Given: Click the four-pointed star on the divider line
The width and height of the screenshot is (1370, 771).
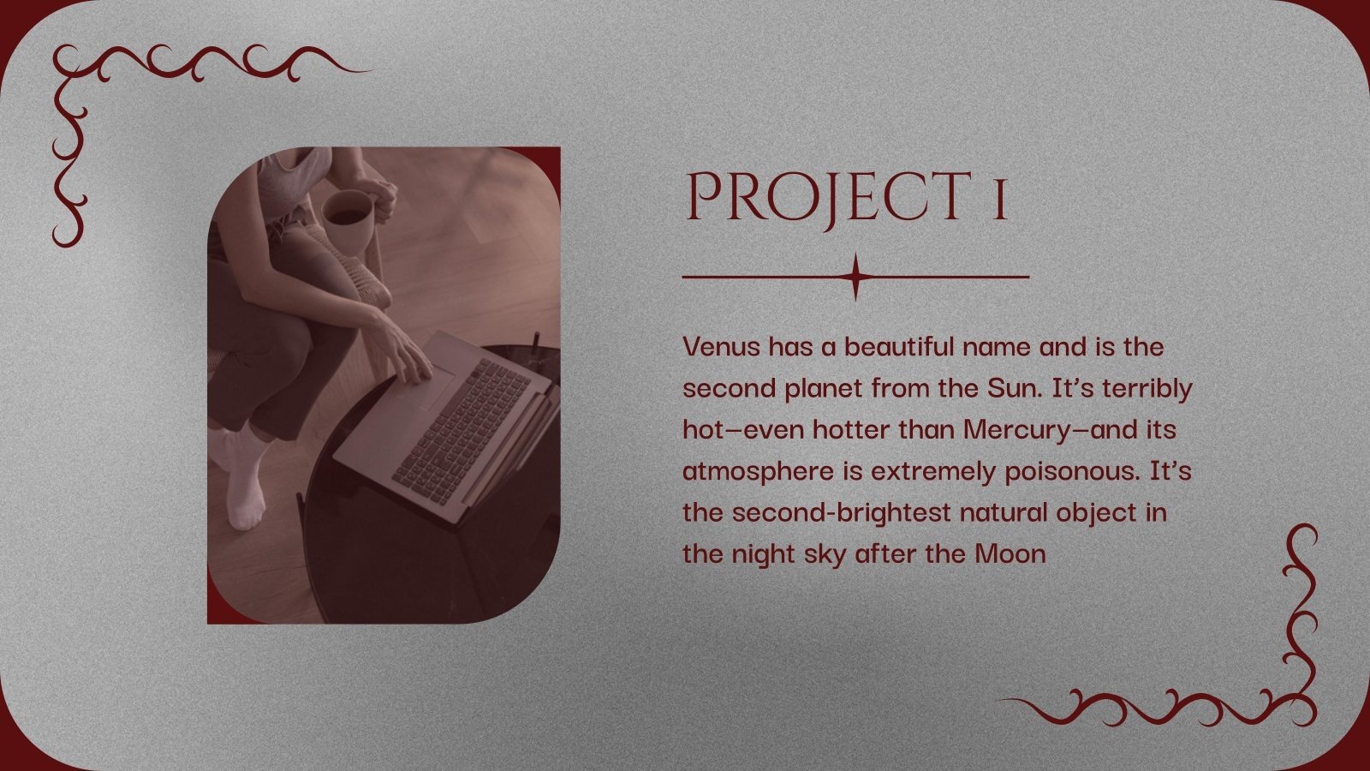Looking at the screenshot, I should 855,277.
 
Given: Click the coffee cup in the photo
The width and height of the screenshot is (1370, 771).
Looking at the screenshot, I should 347,219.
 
